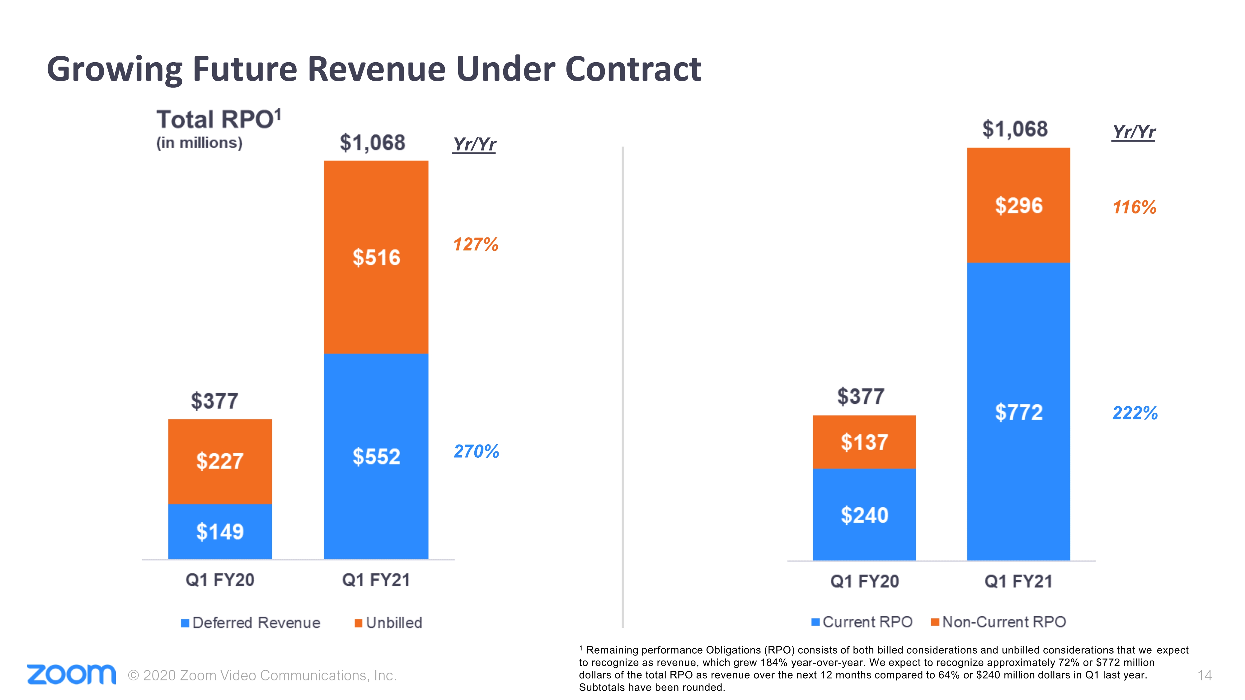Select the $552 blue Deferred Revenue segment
point(376,456)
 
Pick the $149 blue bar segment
point(220,531)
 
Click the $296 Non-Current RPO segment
point(1018,205)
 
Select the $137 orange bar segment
point(864,442)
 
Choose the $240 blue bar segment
point(864,515)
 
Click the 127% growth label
point(476,245)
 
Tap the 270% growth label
point(476,451)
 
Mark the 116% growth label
point(1134,207)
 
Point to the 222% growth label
point(1135,413)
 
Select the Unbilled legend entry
point(388,623)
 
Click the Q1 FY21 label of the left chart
point(376,580)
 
